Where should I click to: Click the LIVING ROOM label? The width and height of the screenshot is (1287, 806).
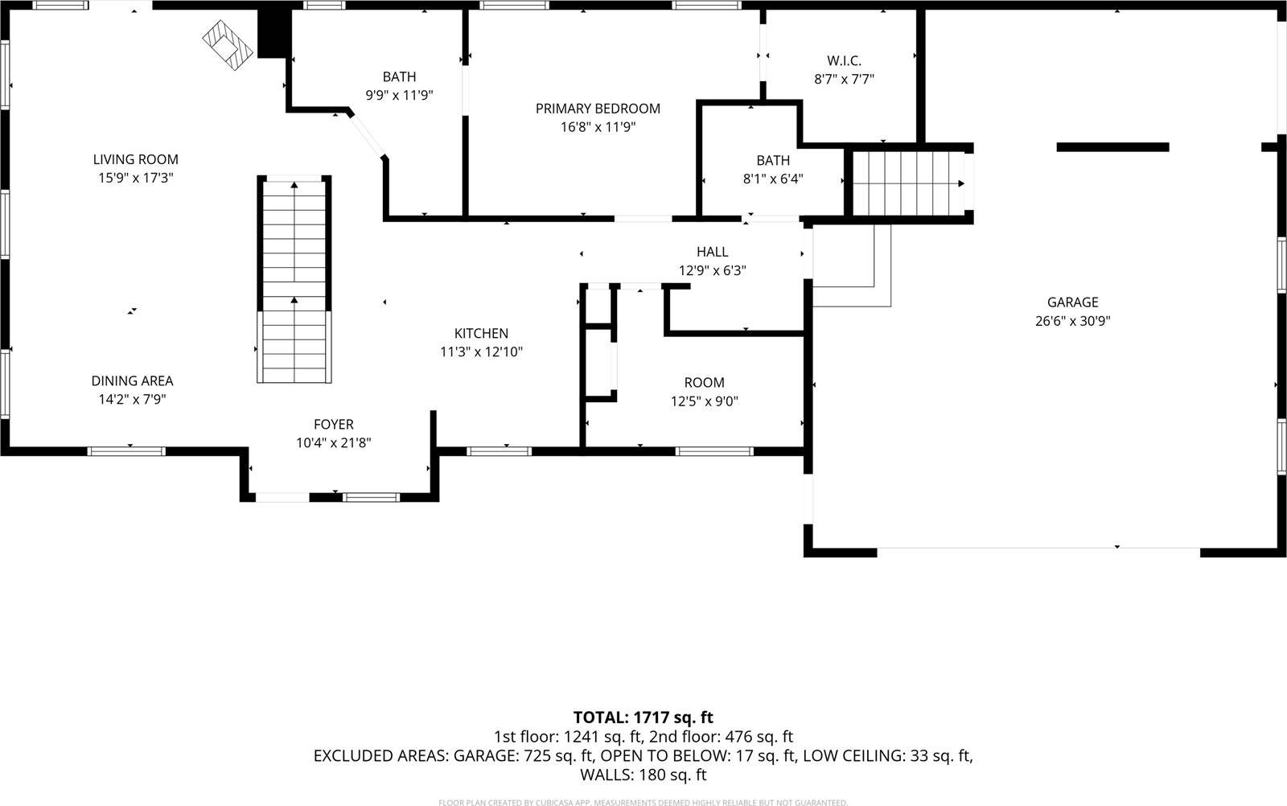click(135, 159)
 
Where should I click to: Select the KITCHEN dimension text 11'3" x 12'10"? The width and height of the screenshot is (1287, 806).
click(481, 352)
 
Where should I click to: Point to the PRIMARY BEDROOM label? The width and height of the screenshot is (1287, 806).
click(598, 109)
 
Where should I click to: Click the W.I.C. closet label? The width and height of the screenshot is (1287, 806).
click(844, 60)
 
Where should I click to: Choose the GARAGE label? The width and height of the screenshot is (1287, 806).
click(1072, 302)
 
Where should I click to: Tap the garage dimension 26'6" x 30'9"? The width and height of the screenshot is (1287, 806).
click(1072, 321)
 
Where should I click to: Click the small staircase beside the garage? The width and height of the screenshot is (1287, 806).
click(907, 183)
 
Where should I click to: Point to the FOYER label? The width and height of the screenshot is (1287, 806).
click(333, 425)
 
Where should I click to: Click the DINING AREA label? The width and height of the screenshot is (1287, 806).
click(132, 380)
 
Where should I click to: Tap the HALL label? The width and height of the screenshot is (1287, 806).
click(712, 252)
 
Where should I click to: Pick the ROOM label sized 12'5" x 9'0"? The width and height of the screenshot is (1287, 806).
click(704, 383)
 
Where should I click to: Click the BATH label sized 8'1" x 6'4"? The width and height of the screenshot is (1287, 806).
click(772, 161)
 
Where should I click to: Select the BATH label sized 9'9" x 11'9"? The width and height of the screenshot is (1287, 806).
click(399, 77)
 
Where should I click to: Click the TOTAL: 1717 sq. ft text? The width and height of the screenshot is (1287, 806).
click(643, 717)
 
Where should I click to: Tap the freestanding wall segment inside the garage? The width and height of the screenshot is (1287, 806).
click(1112, 146)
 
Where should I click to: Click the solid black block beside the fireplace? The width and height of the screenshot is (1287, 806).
click(273, 32)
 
